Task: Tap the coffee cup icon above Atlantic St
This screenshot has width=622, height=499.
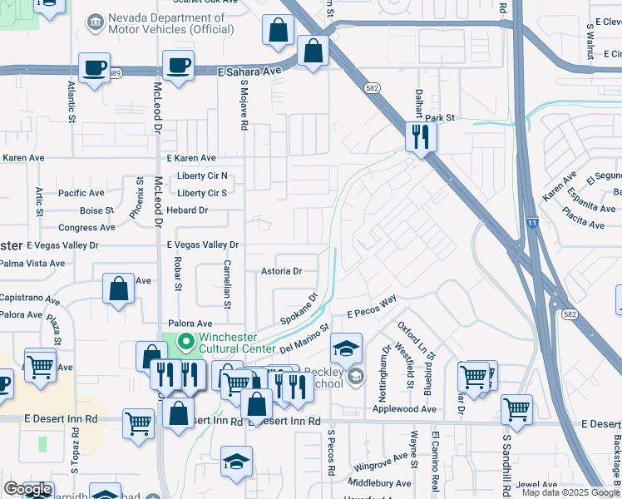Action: click(94, 67)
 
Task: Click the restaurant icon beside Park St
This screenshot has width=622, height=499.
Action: click(421, 136)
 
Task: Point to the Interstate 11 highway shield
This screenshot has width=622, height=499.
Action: click(532, 222)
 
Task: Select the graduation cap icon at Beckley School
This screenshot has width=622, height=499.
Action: click(346, 348)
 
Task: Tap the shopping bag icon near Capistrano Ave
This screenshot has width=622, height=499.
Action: click(119, 288)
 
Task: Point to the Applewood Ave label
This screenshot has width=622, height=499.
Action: click(404, 409)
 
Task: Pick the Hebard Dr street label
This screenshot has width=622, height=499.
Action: click(185, 210)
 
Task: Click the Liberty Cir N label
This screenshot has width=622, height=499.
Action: click(202, 175)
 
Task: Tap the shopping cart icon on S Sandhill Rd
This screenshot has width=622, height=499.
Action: click(516, 411)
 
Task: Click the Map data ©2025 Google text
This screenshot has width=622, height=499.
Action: click(570, 492)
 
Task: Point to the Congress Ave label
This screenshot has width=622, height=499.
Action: click(81, 227)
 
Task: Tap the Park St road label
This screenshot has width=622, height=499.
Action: click(442, 118)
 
